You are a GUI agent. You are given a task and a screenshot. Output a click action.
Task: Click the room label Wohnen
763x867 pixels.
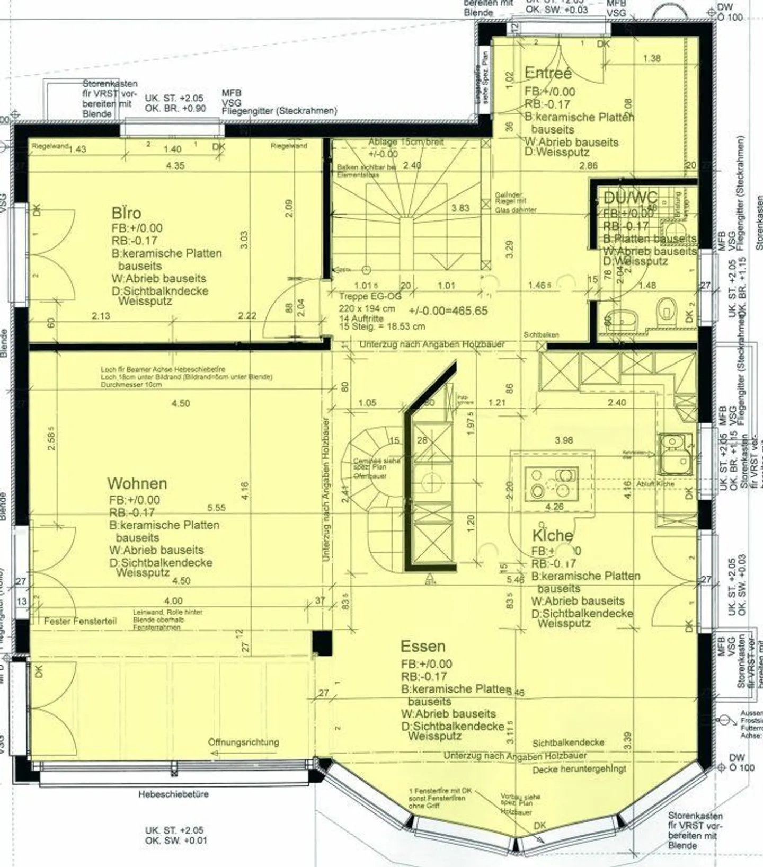pyautogui.click(x=137, y=483)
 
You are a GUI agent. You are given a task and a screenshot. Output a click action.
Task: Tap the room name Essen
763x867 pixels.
pyautogui.click(x=423, y=647)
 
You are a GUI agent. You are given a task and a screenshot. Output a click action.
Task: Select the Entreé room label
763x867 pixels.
pyautogui.click(x=548, y=73)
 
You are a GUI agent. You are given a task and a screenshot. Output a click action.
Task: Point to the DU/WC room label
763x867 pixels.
pyautogui.click(x=631, y=198)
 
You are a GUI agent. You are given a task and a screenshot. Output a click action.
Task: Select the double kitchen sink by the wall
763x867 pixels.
pyautogui.click(x=676, y=454)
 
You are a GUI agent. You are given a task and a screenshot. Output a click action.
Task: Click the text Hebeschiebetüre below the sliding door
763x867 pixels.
pyautogui.click(x=173, y=794)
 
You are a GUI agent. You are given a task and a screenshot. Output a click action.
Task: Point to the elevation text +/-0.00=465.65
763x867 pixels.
pyautogui.click(x=448, y=311)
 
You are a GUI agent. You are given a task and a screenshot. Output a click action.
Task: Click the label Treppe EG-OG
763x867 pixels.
pyautogui.click(x=370, y=297)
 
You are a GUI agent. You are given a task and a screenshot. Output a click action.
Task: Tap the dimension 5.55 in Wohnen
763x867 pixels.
pyautogui.click(x=216, y=508)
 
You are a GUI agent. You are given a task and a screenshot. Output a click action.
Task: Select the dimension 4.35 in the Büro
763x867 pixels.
pyautogui.click(x=175, y=165)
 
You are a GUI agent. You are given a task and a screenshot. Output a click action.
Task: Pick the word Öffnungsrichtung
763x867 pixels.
pyautogui.click(x=243, y=742)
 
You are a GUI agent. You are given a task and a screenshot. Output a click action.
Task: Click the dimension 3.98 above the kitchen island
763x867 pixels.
pyautogui.click(x=564, y=440)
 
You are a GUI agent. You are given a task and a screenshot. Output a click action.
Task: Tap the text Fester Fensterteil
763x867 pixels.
pyautogui.click(x=80, y=621)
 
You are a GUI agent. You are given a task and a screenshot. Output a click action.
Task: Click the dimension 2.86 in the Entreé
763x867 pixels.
pyautogui.click(x=588, y=165)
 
